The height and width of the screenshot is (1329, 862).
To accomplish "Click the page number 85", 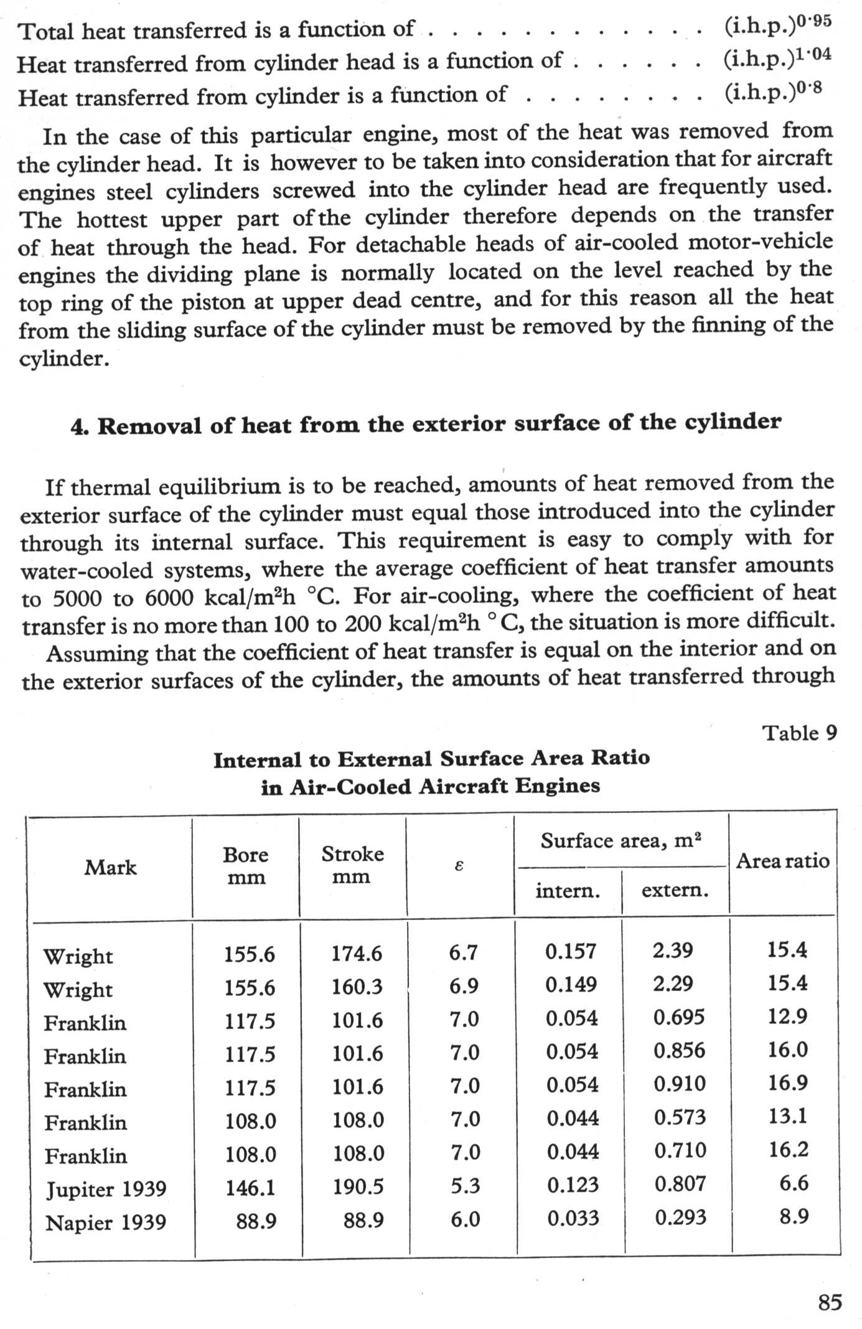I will click(830, 1302).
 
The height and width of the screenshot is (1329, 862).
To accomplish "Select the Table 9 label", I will click(800, 733).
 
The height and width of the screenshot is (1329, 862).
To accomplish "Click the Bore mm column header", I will click(246, 866).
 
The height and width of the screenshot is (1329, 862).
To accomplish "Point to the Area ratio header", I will click(782, 861).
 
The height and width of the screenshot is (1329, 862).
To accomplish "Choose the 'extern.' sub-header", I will click(675, 890).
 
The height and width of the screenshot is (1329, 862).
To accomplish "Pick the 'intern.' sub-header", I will click(568, 891).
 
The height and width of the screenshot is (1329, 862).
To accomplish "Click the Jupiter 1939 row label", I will click(106, 1189).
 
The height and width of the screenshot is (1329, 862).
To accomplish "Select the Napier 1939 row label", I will click(106, 1223).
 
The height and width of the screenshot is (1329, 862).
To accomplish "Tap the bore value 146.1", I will click(250, 1188).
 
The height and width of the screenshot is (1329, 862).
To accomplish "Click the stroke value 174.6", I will click(357, 953).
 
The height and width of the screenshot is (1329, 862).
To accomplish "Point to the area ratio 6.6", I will click(794, 1183).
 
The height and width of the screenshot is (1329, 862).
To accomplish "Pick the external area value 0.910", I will click(680, 1084).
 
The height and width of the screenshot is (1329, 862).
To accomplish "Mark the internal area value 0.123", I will click(573, 1185).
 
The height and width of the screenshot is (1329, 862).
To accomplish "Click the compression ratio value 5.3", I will click(465, 1186).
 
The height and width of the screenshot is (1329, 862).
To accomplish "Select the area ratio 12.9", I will click(787, 1017).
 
